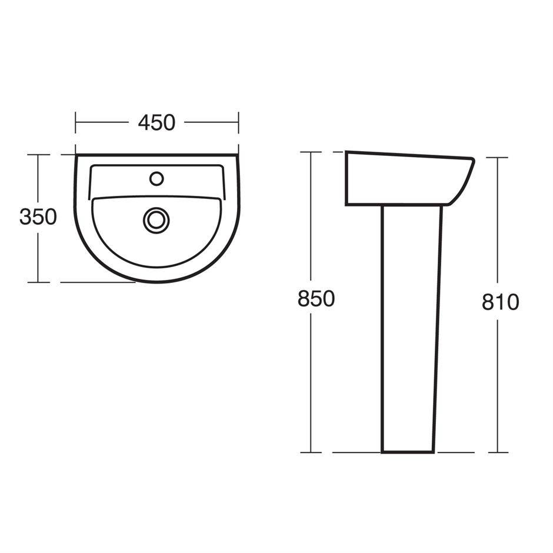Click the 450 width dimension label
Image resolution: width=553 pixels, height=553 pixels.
point(156,122)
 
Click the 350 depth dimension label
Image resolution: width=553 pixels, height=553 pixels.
point(38,217)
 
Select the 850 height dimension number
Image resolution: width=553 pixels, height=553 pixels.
point(316,299)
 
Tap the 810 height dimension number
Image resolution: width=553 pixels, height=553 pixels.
point(500,302)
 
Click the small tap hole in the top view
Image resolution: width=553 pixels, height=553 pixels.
point(156,178)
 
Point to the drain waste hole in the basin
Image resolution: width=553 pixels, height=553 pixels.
point(156,219)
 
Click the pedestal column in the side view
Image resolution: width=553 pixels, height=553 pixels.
point(411,329)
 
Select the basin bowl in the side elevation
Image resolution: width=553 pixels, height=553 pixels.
point(400,179)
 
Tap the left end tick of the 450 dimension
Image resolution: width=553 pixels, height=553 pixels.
point(76,122)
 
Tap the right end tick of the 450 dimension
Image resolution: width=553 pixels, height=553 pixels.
point(238,122)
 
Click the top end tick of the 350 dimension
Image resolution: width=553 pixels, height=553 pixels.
point(38,155)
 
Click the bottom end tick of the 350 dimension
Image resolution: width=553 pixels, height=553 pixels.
point(38,282)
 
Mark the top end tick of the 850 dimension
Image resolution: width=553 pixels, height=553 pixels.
point(311,152)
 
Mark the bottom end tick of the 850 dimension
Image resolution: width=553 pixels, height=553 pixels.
point(311,452)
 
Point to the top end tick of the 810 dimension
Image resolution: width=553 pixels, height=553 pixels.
point(498,158)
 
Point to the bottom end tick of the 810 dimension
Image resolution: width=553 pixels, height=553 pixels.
point(498,452)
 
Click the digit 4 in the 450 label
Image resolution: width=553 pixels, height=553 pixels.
point(144,122)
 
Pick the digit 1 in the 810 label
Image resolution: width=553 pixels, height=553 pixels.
point(500,302)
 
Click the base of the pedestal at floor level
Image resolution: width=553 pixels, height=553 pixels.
point(408,451)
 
